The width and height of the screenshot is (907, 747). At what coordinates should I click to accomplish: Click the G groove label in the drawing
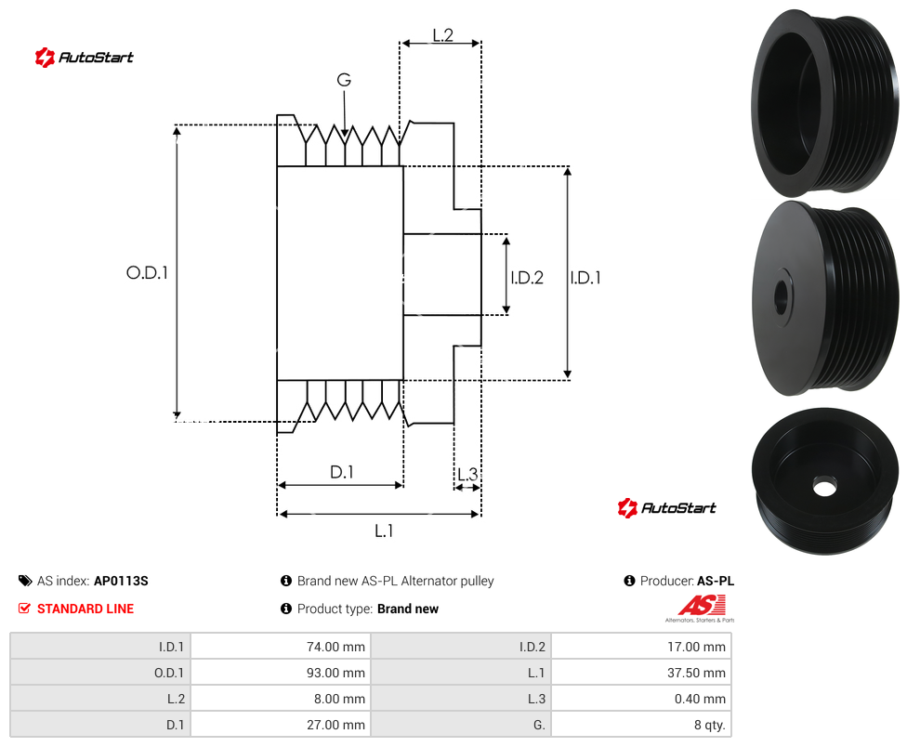tap(344, 80)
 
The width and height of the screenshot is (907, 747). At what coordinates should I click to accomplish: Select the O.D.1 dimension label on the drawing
tap(147, 272)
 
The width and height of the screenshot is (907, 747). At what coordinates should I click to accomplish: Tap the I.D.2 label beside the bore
tap(527, 278)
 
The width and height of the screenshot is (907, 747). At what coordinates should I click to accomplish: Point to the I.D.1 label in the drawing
tap(585, 278)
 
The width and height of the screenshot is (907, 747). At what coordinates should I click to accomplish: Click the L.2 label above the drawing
tap(442, 35)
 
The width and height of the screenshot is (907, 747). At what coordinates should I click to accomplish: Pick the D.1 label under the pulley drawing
tap(342, 472)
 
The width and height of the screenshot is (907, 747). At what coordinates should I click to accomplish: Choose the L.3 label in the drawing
tap(467, 474)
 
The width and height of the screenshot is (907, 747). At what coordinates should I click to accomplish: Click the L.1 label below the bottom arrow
tap(384, 531)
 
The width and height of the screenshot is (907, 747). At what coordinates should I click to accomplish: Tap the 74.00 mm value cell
tap(281, 647)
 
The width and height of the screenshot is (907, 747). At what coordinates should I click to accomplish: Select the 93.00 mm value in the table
tap(281, 673)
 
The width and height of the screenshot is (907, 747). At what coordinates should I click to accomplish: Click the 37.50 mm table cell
tap(641, 673)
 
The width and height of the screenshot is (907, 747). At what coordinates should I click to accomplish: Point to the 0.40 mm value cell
tap(641, 699)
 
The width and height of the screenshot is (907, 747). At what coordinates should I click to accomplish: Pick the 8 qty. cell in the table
tap(641, 725)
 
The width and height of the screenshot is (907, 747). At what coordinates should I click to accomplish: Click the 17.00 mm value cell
tap(641, 647)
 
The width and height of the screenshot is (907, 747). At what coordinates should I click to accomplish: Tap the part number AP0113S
tap(121, 581)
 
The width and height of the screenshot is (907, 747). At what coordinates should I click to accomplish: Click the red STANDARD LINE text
tap(85, 609)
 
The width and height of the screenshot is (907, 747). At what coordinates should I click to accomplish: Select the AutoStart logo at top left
tap(85, 58)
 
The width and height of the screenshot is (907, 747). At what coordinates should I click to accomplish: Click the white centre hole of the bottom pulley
tap(824, 488)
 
